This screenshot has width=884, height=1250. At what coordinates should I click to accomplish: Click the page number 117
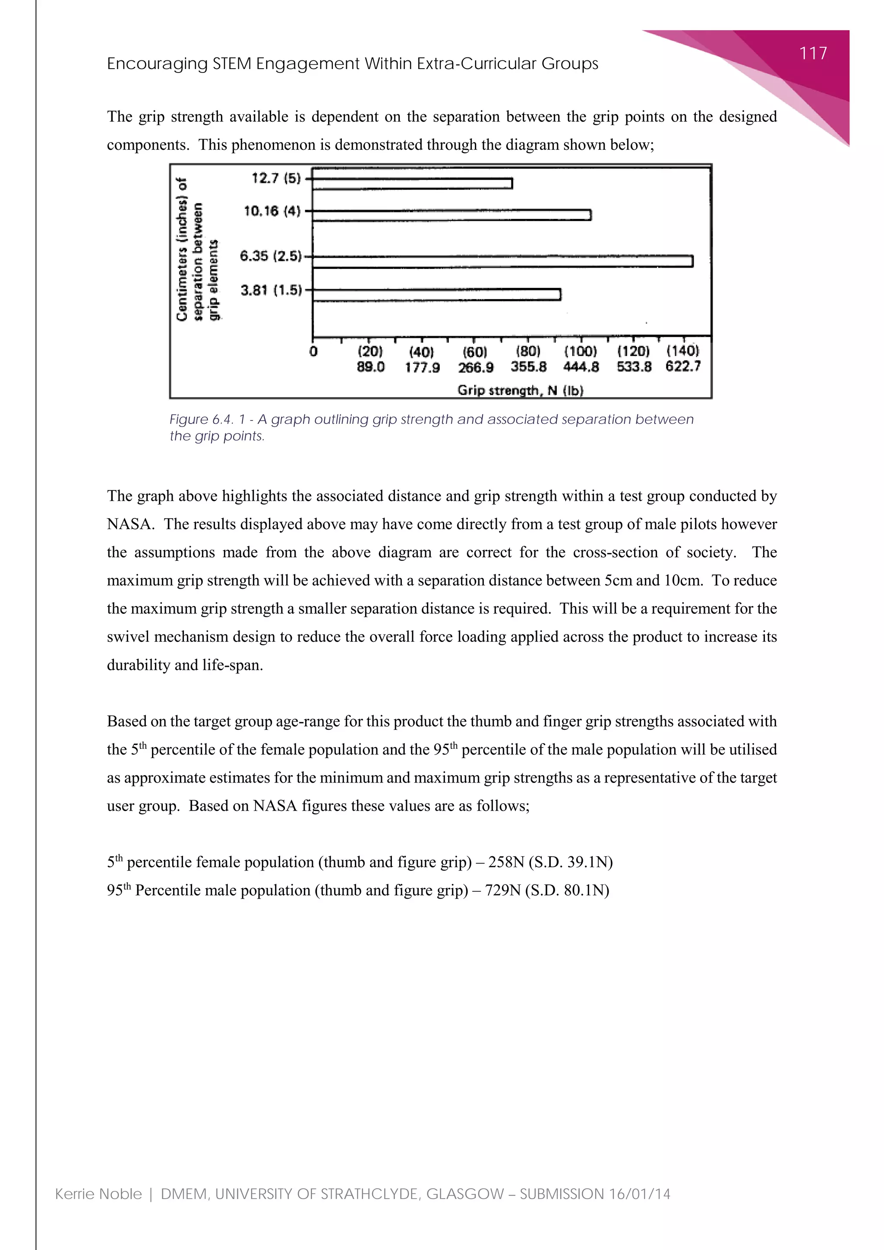tap(813, 54)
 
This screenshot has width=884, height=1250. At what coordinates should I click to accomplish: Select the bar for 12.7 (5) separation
tap(412, 183)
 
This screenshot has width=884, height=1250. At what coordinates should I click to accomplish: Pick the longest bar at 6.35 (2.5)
tap(502, 261)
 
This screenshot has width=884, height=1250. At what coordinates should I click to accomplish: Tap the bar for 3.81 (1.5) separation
tap(436, 294)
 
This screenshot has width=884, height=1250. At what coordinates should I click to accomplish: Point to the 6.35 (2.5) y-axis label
tap(271, 256)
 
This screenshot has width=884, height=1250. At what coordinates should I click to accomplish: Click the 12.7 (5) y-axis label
tap(276, 178)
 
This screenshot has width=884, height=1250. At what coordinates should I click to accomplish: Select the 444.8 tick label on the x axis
tap(581, 367)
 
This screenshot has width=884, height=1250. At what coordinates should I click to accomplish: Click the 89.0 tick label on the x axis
tap(371, 367)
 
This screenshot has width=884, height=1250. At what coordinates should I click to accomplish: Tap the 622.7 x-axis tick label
tap(682, 366)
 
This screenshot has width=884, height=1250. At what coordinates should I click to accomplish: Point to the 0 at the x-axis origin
tap(313, 352)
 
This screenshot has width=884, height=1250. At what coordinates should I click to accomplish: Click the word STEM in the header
tap(232, 64)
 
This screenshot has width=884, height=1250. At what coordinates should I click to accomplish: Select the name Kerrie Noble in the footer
tap(98, 1194)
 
